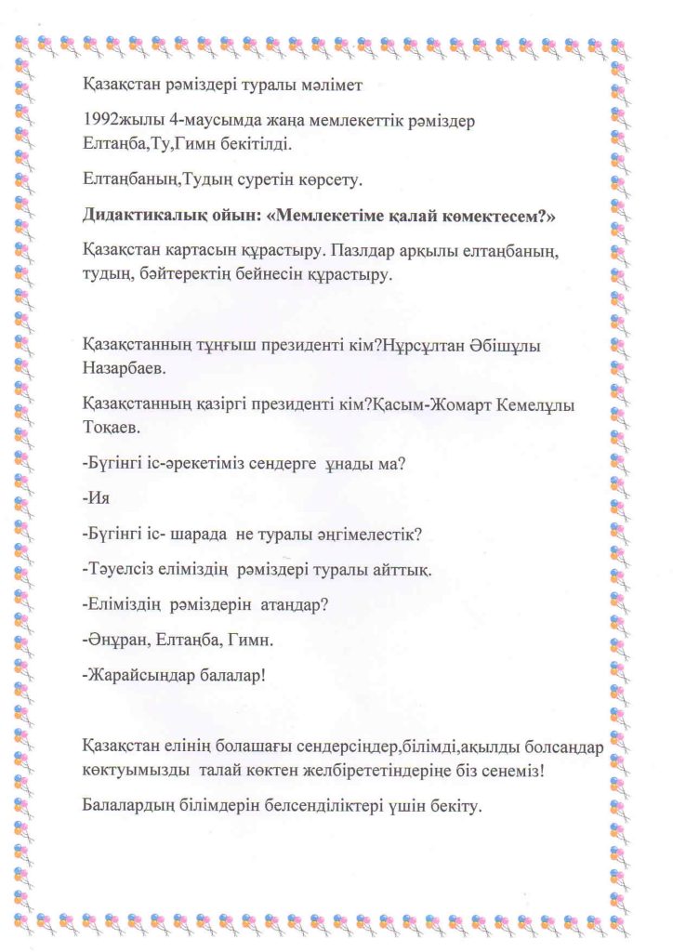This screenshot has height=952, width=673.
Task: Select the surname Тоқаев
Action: tap(107, 428)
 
